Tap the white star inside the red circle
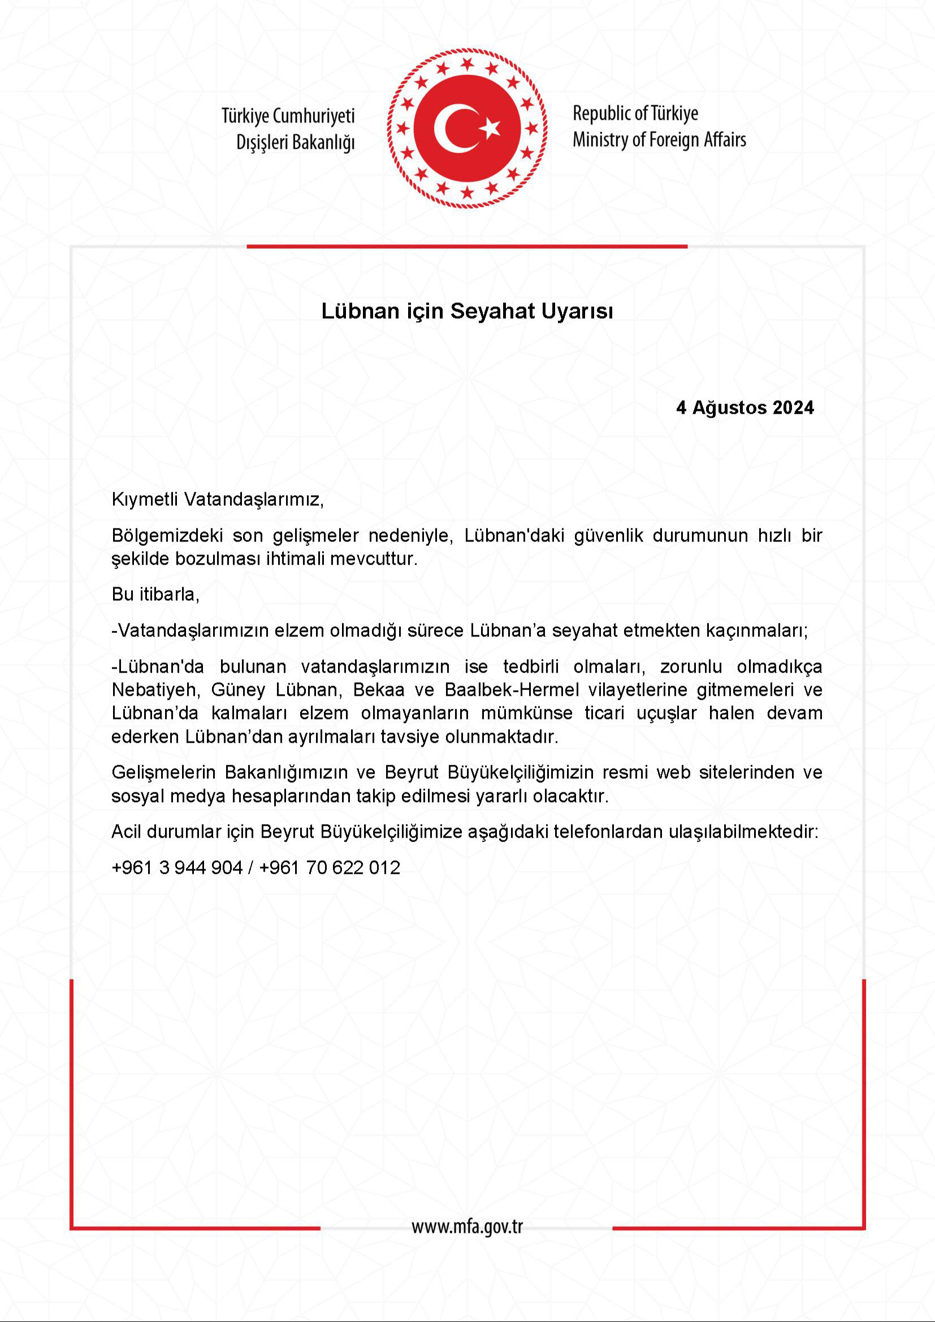(491, 127)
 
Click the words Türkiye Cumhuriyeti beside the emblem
(288, 116)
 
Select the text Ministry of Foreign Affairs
(659, 140)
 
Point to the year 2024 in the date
(793, 408)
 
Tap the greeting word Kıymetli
(145, 499)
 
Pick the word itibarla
(169, 594)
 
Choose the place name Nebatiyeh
(154, 690)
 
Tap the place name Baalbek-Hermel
(512, 690)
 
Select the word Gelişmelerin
(163, 773)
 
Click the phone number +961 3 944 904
(178, 868)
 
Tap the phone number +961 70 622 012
(330, 868)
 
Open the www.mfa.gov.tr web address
(467, 1227)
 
